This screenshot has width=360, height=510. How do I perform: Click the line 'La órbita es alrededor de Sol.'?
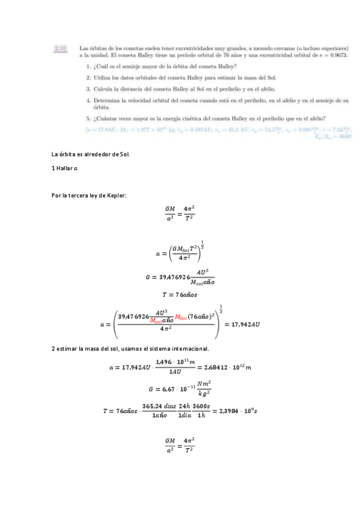tap(91, 155)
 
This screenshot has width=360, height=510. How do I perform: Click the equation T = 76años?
tap(179, 295)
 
